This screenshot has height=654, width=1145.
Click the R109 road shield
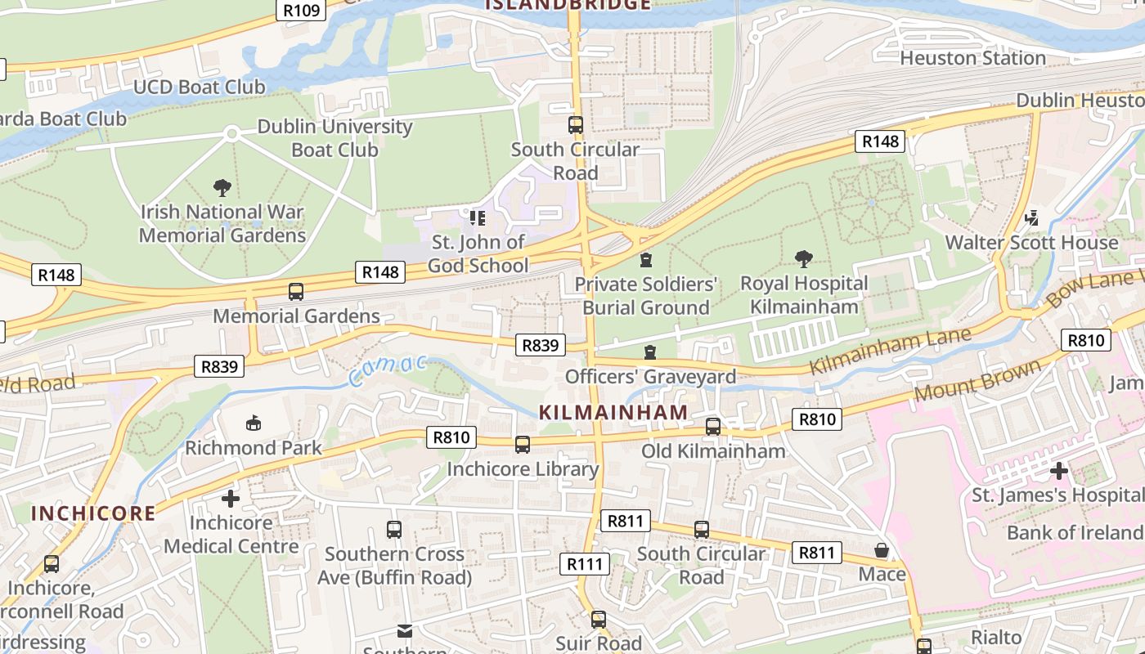pos(302,10)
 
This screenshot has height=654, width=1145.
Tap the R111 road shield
pos(585,563)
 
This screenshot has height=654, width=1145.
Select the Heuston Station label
pos(972,58)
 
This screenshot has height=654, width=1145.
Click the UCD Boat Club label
pos(199,87)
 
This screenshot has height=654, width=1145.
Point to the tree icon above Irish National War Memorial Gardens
pos(222,188)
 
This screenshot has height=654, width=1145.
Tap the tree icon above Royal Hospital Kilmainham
pos(804,259)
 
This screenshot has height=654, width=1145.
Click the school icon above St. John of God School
pos(478,218)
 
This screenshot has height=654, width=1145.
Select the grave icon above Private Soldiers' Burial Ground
pos(646,260)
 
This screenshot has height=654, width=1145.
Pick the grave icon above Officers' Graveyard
pos(650,352)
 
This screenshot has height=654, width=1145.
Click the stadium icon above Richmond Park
pos(254,423)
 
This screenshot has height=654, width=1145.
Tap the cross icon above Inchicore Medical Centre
pos(231,498)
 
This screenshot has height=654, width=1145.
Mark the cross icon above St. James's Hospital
pos(1059,471)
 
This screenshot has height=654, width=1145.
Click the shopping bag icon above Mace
pos(882,550)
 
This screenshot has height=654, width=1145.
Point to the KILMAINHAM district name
pos(613,413)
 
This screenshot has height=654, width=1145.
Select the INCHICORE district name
pos(92,513)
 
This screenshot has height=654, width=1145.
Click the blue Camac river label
pos(387,370)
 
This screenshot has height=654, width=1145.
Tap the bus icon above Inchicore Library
pos(522,445)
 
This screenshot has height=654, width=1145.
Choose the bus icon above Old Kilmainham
pos(713,426)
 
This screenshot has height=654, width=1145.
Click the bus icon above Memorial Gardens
pos(296,292)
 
